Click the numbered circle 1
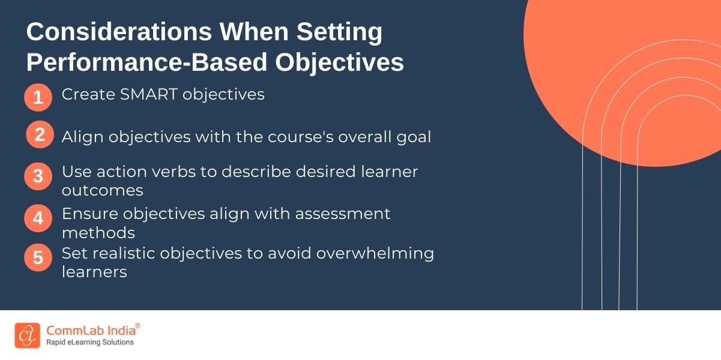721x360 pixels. tap(38, 97)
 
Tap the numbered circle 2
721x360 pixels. tap(40, 134)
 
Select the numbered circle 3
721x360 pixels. tap(38, 176)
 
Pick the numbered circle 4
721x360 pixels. tap(38, 218)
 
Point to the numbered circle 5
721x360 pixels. tap(38, 257)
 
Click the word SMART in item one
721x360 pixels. tap(149, 95)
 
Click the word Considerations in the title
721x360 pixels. tap(119, 32)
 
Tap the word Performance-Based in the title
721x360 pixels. tap(146, 62)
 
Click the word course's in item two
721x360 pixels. tap(301, 137)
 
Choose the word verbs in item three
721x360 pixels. tap(174, 172)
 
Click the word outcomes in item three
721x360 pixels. tap(102, 190)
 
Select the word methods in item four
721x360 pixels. tap(98, 233)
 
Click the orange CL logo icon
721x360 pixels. tap(28, 335)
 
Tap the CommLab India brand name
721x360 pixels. tap(91, 331)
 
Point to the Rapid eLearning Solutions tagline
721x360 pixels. tap(90, 343)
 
